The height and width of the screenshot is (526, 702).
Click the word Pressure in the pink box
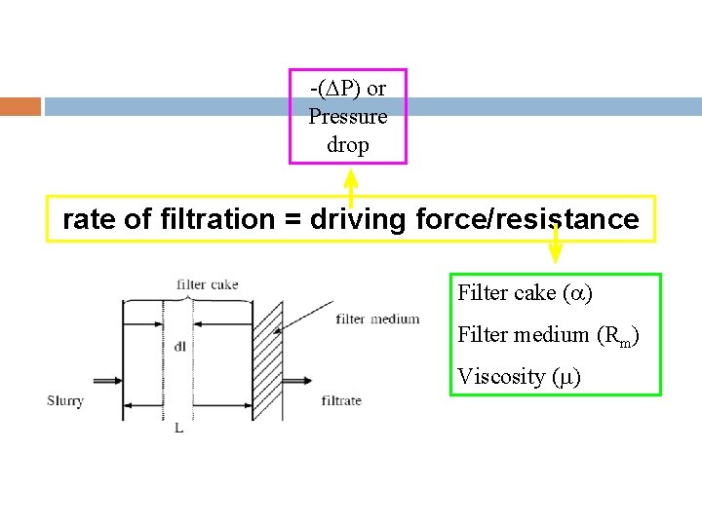coord(348,117)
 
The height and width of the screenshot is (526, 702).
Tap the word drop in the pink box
coord(348,145)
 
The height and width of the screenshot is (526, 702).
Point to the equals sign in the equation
coord(292,220)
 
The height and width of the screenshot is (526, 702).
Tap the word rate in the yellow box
coord(90,220)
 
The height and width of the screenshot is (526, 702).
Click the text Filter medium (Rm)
coord(548,335)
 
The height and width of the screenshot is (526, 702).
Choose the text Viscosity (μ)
coord(519,377)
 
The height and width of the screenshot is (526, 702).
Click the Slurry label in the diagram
coord(66,400)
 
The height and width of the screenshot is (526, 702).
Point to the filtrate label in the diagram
coord(341,400)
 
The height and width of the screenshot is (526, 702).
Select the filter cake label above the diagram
coord(208,284)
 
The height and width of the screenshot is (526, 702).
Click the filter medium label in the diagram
coord(377,319)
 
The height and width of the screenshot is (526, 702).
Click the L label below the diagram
coord(178,428)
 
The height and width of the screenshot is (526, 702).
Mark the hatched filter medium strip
coord(267,360)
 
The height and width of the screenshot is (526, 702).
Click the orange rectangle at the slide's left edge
coord(20,106)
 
